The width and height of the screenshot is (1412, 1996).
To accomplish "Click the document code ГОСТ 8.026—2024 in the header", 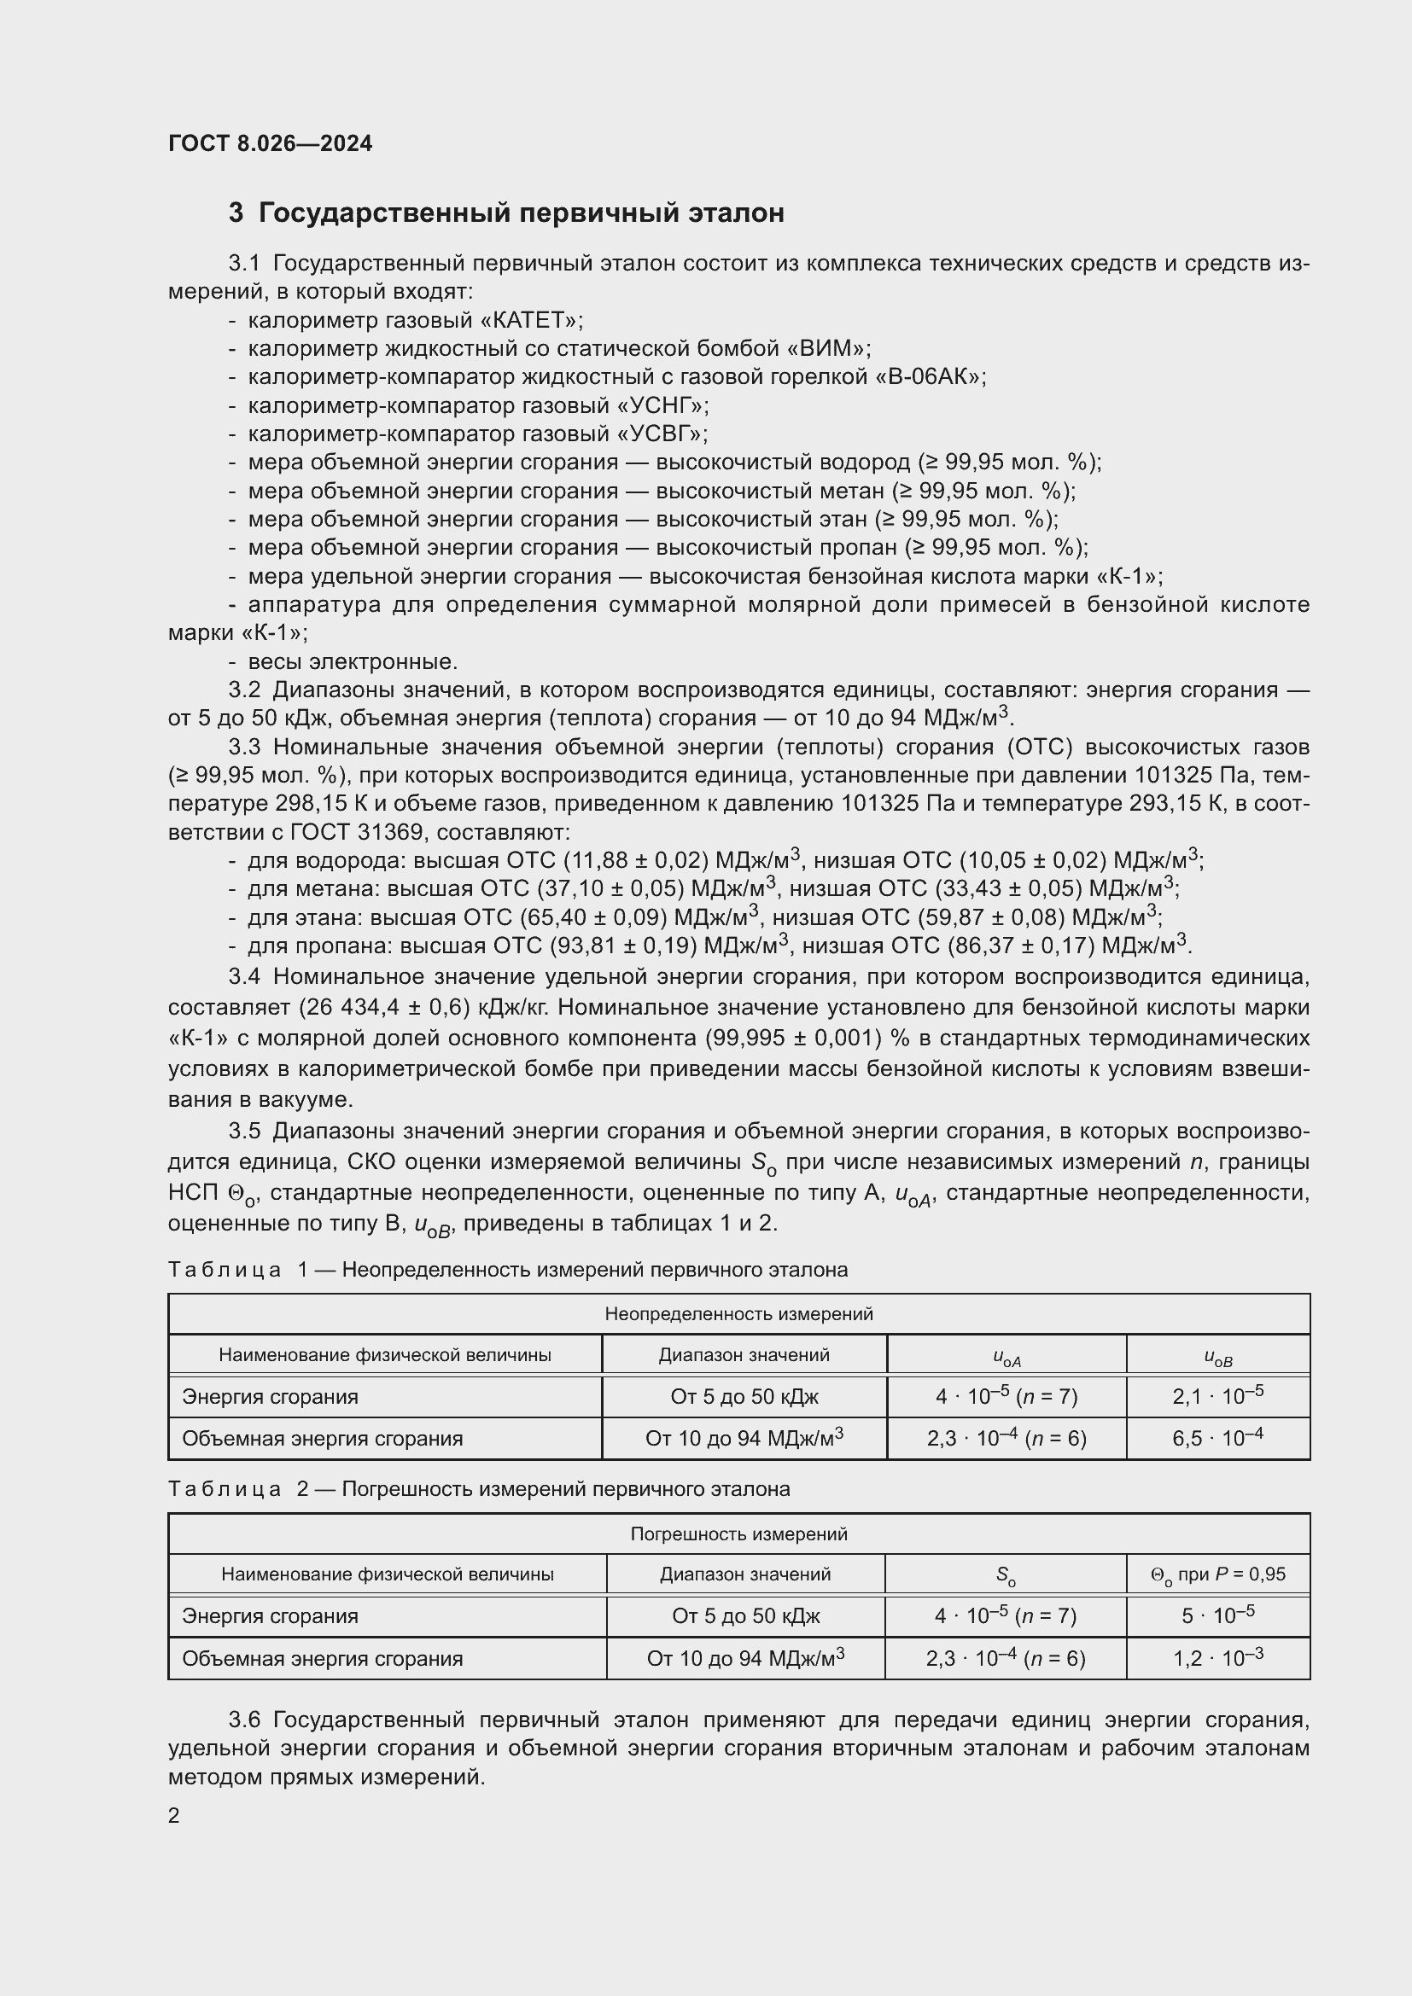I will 270,143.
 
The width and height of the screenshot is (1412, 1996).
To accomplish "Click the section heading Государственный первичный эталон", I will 521,213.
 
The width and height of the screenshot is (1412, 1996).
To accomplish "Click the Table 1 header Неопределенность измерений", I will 738,1314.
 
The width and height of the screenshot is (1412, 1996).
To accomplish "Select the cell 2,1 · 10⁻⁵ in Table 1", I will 1217,1396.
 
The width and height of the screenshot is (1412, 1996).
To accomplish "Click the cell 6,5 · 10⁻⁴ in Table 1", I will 1217,1438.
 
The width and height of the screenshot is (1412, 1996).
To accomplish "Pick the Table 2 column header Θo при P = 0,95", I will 1217,1574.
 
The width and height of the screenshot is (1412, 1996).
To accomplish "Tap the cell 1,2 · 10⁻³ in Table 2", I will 1217,1658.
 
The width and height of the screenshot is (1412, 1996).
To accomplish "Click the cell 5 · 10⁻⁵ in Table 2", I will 1217,1615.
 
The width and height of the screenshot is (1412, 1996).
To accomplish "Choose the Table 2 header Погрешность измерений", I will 738,1534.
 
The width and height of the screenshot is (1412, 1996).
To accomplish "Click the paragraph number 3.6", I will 244,1720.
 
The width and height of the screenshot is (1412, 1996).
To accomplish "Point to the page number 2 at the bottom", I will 174,1815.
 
